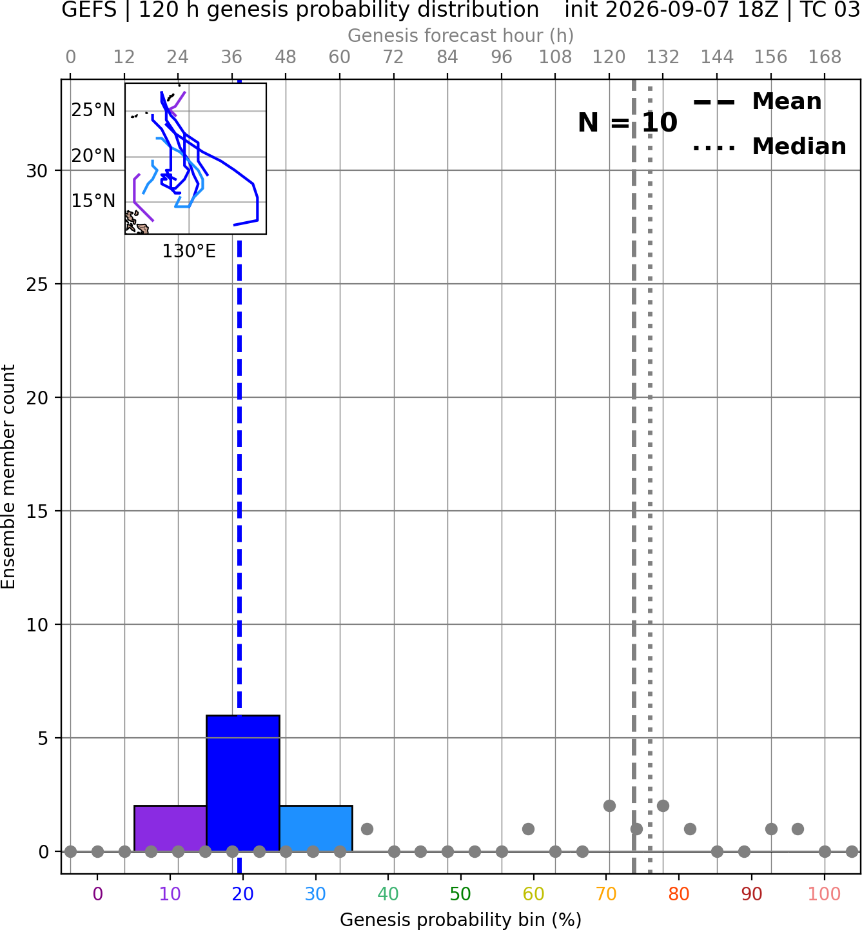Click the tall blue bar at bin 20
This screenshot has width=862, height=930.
pos(243,783)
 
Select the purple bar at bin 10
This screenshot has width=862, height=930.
pos(170,828)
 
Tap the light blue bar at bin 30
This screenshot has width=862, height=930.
pos(316,828)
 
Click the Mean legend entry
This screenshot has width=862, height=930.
pos(757,102)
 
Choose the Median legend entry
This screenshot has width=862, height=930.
pos(769,146)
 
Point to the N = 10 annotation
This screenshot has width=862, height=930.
pos(627,123)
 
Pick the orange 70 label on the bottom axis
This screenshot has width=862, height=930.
pos(606,895)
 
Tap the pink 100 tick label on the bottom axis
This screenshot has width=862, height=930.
pos(825,895)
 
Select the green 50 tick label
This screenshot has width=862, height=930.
pos(461,895)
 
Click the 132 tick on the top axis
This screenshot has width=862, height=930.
pos(663,57)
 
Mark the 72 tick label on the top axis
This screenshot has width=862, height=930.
pos(393,57)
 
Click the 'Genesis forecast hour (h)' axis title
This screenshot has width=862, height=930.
pos(461,35)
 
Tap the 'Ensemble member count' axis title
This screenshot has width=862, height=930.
pos(8,477)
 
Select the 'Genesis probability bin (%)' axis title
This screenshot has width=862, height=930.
pos(461,920)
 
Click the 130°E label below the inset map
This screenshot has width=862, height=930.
pos(189,252)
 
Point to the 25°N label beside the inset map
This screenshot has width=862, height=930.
pos(93,110)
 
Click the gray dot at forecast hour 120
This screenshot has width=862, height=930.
pos(609,806)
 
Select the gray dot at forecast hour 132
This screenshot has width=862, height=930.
pos(663,806)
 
